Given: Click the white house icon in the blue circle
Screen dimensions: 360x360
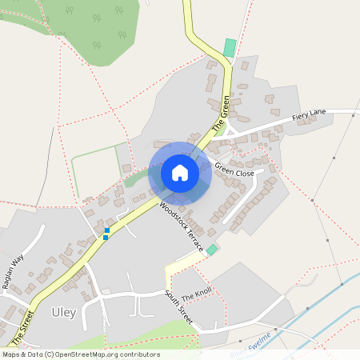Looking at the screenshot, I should (180, 173).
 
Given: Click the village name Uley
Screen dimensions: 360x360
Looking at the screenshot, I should (63, 312).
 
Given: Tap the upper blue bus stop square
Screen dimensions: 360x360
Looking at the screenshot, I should (106, 230).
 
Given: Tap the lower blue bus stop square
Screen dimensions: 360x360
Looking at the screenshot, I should (106, 237).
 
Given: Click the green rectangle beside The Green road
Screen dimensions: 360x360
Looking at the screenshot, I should (230, 48).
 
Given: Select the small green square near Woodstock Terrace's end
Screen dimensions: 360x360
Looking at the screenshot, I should (211, 250).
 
